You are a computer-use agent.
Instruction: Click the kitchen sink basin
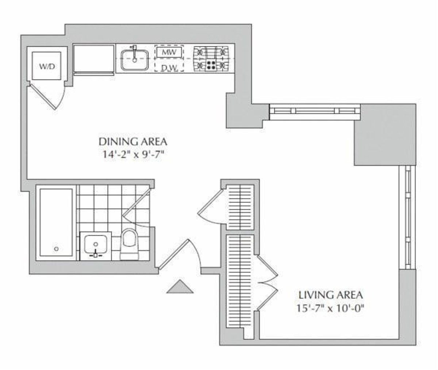(134, 60)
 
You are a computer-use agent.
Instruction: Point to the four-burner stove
(211, 58)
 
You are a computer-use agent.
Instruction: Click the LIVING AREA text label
(331, 294)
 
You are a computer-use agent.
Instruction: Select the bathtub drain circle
(56, 249)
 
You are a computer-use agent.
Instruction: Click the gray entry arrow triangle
(180, 287)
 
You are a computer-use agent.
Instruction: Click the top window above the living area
(315, 111)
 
